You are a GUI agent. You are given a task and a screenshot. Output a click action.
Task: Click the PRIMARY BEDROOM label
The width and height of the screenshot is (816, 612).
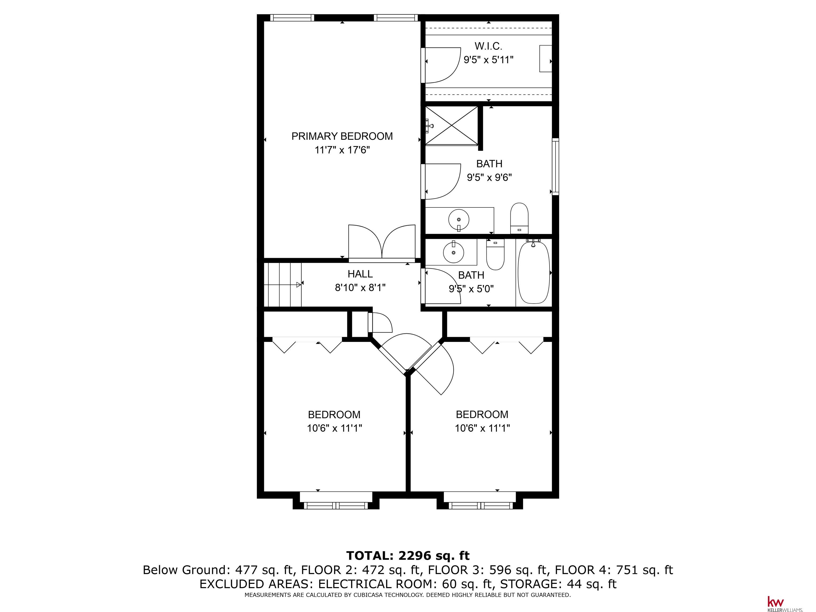[x=342, y=136]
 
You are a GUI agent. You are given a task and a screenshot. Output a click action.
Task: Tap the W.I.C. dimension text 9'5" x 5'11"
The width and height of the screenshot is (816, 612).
[x=488, y=60]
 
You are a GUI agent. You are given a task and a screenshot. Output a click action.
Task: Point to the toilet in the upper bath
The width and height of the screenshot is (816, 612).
[x=519, y=218]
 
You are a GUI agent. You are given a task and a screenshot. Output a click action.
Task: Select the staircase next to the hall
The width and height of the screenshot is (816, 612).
[x=283, y=284]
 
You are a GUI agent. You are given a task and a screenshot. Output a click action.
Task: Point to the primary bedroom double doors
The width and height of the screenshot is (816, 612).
[x=382, y=242]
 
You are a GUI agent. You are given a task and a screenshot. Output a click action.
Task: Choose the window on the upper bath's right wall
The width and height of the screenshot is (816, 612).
[x=555, y=166]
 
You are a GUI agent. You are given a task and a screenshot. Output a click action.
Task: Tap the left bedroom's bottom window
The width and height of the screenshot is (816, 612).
[x=336, y=506]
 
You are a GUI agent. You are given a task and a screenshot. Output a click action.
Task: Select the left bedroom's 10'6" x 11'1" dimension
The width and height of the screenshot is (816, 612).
[x=334, y=428]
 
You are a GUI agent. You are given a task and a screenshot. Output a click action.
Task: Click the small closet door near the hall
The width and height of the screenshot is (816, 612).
[x=380, y=323]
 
